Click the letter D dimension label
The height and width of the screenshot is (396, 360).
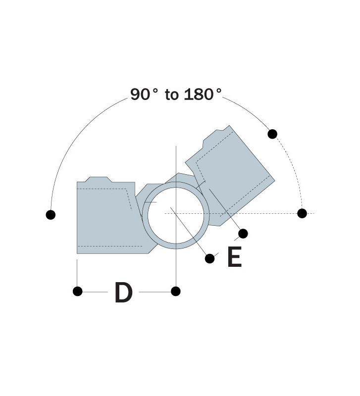point(123,292)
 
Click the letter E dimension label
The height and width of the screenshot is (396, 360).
point(235,256)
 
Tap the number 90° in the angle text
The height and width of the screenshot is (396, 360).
point(144,95)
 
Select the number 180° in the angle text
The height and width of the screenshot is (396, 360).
point(203,95)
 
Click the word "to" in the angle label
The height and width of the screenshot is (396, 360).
point(172,95)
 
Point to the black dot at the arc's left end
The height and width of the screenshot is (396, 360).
point(51,215)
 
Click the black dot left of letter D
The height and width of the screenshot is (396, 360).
point(78,291)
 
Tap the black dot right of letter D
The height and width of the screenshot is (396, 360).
point(176,291)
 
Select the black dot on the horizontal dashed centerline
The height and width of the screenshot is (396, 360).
point(302,213)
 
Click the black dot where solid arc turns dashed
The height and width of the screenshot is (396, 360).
point(272,134)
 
